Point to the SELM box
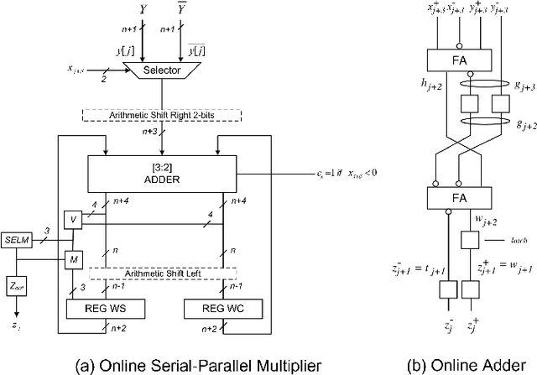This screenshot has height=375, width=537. pyautogui.click(x=18, y=239)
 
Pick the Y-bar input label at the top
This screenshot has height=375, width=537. pyautogui.click(x=205, y=10)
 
